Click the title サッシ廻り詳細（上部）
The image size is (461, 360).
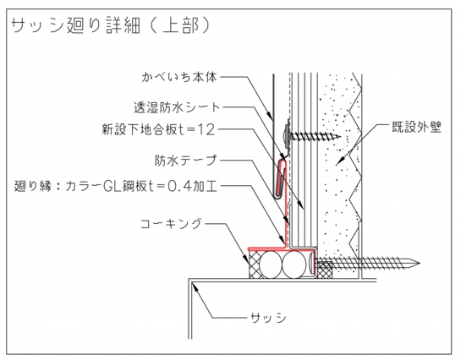click(x=110, y=26)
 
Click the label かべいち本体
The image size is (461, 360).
click(x=179, y=77)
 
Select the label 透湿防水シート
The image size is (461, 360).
click(x=177, y=107)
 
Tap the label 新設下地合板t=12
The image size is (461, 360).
click(x=158, y=129)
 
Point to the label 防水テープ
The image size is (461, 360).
click(x=186, y=161)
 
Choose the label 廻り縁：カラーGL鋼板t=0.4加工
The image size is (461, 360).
click(x=116, y=186)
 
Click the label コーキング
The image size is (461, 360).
click(x=171, y=224)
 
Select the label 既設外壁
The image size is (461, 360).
click(x=417, y=127)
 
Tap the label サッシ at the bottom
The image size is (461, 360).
click(x=268, y=318)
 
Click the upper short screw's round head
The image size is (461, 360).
click(x=287, y=136)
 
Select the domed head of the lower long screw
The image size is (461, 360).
click(x=311, y=263)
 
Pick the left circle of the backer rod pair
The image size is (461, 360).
click(x=271, y=265)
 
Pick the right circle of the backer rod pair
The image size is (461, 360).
click(x=294, y=265)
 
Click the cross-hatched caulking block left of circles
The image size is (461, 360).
click(x=254, y=265)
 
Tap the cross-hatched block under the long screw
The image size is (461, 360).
click(x=325, y=270)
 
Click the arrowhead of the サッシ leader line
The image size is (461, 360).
click(x=195, y=286)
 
